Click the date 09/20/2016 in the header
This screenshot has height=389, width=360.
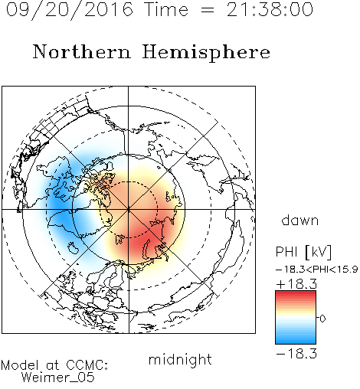[x=70, y=10]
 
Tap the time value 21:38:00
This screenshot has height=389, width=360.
[x=270, y=9]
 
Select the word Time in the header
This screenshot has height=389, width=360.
[x=166, y=9]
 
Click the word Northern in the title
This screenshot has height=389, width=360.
[x=82, y=52]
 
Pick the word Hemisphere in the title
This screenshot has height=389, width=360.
[x=206, y=53]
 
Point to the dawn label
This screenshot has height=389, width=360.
[x=300, y=220]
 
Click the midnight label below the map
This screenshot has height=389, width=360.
[x=180, y=359]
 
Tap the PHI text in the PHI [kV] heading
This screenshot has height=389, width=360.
[x=286, y=252]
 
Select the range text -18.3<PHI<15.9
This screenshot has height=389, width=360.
[x=317, y=270]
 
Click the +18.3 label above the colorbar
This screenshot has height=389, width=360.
[x=296, y=284]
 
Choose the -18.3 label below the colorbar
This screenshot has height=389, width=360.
[x=296, y=354]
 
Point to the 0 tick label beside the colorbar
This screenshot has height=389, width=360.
[x=322, y=319]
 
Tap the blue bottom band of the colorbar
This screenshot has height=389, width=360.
[x=296, y=340]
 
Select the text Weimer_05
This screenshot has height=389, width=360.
[x=58, y=377]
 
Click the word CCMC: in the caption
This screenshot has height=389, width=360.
[x=87, y=365]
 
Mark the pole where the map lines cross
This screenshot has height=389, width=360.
[x=129, y=210]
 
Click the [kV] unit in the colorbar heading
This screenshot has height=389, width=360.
[x=319, y=252]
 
